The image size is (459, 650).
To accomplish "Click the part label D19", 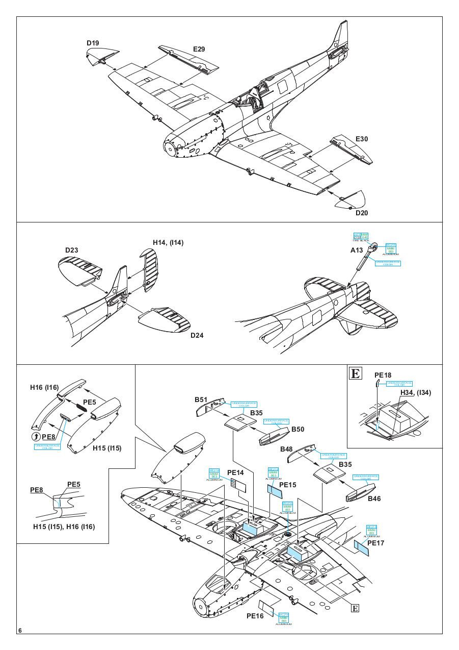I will click(x=93, y=43).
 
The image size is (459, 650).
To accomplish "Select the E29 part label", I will click(x=199, y=49).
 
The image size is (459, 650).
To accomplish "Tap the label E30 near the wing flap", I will click(x=362, y=139).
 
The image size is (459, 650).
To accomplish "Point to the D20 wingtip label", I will click(x=362, y=213).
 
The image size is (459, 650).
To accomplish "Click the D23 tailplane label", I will click(x=71, y=250).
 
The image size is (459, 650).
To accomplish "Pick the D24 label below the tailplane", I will click(x=197, y=335).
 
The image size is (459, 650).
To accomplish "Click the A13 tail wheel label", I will click(x=357, y=250).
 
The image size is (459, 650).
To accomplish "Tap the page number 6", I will click(x=20, y=631).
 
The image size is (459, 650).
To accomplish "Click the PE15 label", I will click(x=288, y=484).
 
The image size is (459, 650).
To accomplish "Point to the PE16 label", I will click(x=255, y=616).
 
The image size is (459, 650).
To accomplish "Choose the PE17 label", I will click(x=375, y=543).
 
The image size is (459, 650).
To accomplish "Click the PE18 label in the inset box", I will click(x=383, y=375).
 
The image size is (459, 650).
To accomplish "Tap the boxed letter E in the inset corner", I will click(x=355, y=373).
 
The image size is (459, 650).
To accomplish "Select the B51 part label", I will click(x=200, y=400).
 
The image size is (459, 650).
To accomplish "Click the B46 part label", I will click(x=374, y=498).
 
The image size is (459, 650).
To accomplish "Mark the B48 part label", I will click(x=286, y=449).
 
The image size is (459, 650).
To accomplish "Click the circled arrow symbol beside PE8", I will click(x=35, y=436).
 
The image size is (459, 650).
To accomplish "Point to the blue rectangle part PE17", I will click(x=361, y=549).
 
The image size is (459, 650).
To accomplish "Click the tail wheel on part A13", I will click(x=374, y=247).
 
